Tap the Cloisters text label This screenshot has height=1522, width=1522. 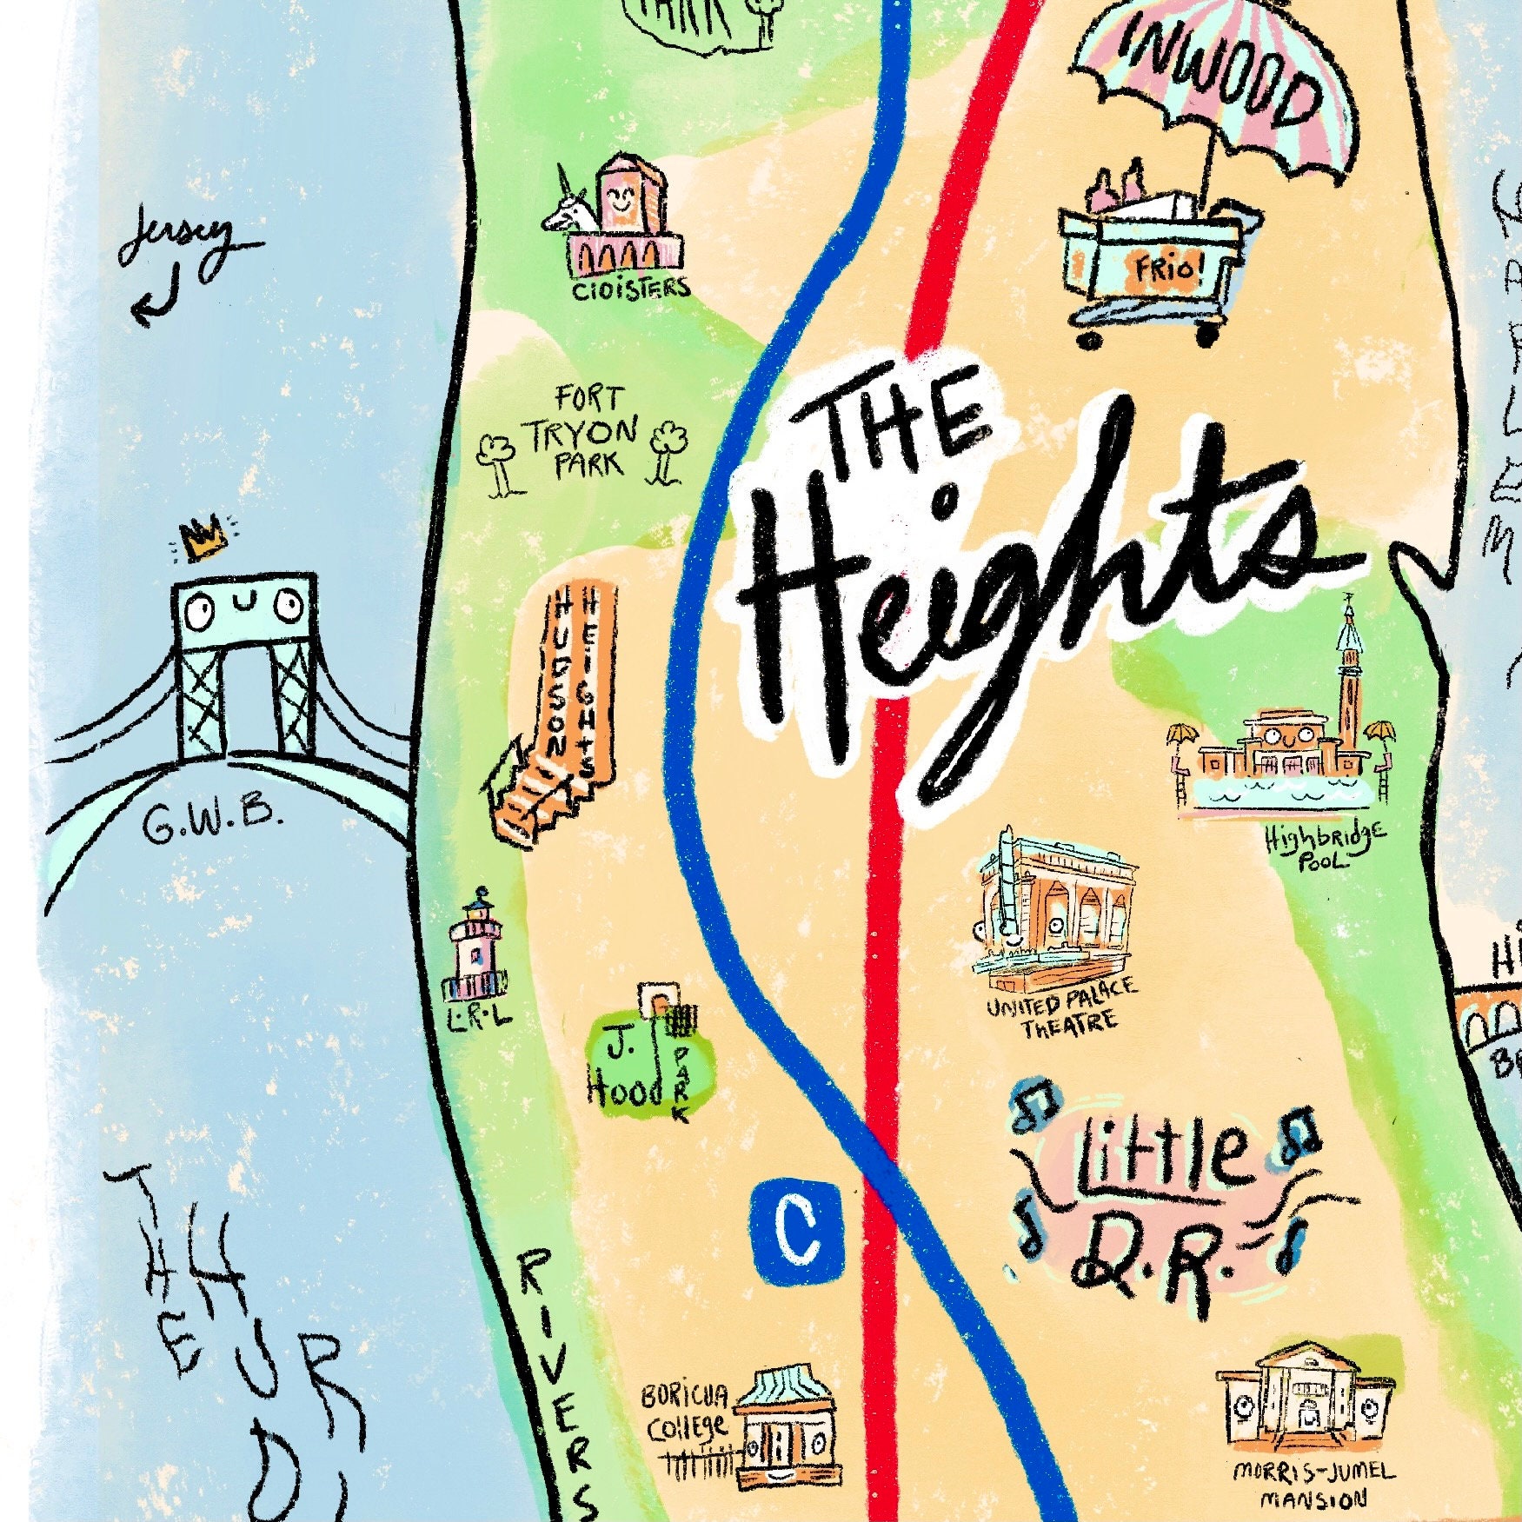631,288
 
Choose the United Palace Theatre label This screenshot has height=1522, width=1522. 1060,1008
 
